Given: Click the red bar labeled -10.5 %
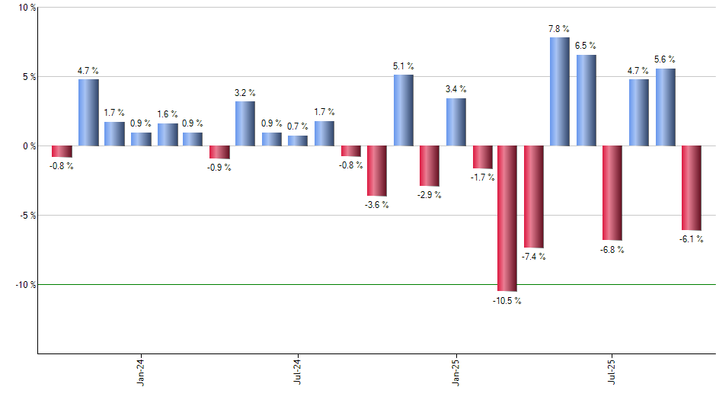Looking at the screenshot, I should click(x=507, y=218).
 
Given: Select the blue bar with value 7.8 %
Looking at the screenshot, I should click(x=560, y=91).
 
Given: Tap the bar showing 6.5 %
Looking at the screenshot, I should click(x=586, y=100).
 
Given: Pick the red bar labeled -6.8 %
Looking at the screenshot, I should click(x=612, y=193).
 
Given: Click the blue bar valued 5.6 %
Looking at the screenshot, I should click(x=665, y=107).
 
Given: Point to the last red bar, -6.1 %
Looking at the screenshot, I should click(x=691, y=187).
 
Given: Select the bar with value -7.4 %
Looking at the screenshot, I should click(x=533, y=197).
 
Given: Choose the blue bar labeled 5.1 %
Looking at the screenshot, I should click(x=403, y=110).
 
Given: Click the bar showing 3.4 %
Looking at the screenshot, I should click(x=455, y=122).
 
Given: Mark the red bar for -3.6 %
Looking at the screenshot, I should click(x=376, y=171).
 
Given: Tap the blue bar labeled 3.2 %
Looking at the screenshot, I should click(x=245, y=123).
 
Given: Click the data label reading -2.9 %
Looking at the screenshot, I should click(x=429, y=195).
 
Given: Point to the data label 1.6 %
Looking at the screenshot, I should click(x=168, y=114).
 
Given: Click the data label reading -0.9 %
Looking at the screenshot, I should click(x=219, y=168).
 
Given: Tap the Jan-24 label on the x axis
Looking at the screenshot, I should click(x=142, y=371).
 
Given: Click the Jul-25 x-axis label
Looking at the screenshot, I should click(x=613, y=371).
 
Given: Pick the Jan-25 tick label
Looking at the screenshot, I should click(x=456, y=371).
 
